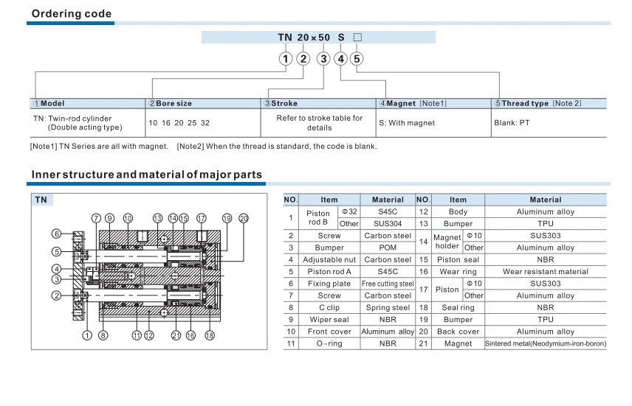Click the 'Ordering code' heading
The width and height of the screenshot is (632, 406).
(x=72, y=13)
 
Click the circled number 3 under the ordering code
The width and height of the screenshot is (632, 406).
(x=323, y=58)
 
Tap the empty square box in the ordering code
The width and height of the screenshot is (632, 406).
(x=358, y=37)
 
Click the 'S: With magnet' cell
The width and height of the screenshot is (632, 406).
(x=407, y=123)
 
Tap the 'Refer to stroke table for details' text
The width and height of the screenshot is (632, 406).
(x=320, y=123)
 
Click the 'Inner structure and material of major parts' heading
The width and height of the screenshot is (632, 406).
(x=146, y=175)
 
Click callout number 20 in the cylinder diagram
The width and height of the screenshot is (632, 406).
(x=244, y=218)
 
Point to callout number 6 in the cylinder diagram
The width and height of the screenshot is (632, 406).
(x=56, y=234)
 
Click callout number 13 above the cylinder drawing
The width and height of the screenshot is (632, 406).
(x=157, y=218)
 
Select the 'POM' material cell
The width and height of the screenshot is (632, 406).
(x=388, y=248)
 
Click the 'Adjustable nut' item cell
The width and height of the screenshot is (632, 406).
(x=329, y=259)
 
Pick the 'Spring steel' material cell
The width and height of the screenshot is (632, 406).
(x=388, y=308)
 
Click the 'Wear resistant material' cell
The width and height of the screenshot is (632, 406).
(x=545, y=272)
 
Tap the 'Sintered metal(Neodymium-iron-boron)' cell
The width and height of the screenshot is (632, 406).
(x=545, y=344)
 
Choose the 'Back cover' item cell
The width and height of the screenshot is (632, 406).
(x=458, y=332)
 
